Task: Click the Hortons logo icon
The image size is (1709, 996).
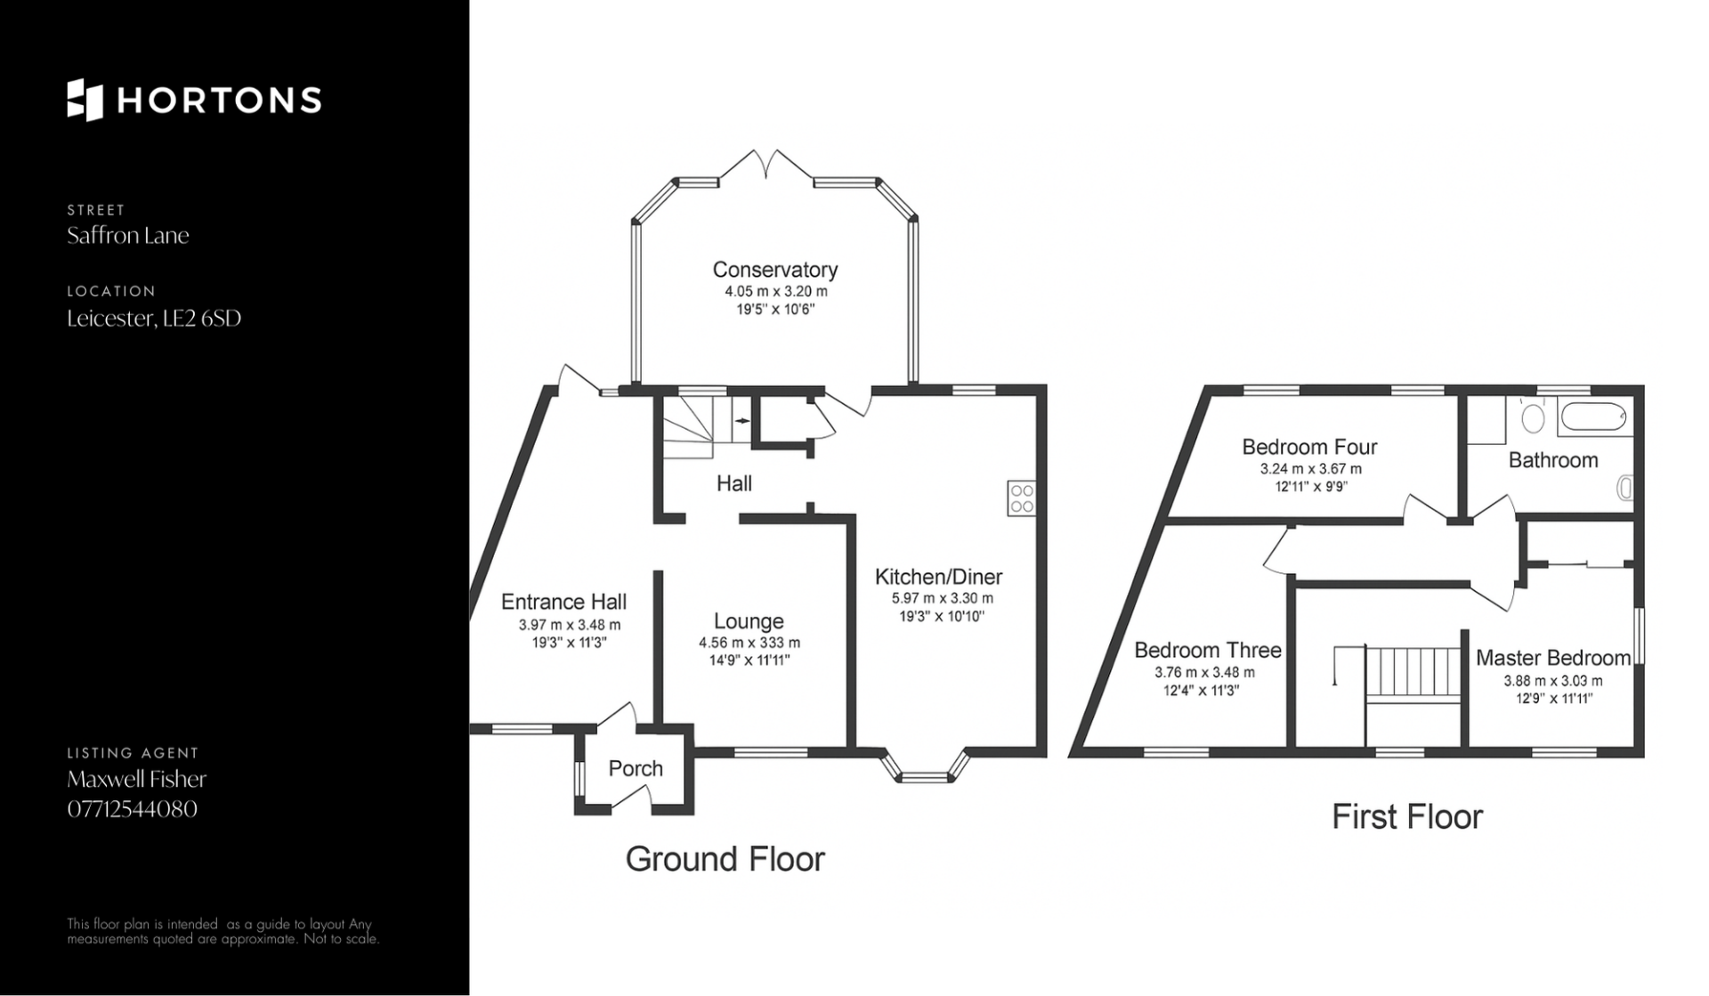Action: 85,100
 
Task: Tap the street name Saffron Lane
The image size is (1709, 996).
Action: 128,236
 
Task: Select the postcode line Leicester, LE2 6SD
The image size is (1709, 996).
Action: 154,319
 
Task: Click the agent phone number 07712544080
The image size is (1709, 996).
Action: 133,809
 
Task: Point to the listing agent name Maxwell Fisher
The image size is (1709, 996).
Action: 137,779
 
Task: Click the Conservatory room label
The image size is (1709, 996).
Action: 775,270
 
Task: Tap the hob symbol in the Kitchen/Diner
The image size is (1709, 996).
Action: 1022,498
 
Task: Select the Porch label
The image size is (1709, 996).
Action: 636,768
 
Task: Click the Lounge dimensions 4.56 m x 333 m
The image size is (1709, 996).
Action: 749,643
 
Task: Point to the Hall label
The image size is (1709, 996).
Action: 734,483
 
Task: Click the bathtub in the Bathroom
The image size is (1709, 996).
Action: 1592,417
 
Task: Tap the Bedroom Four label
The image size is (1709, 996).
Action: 1309,447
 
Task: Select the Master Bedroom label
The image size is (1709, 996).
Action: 1553,658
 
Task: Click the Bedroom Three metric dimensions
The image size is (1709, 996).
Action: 1204,673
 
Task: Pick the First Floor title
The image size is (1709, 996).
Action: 1407,817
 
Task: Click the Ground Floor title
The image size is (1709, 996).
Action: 725,859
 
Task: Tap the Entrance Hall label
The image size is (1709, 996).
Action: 563,602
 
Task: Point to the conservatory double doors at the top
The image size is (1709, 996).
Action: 765,167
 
